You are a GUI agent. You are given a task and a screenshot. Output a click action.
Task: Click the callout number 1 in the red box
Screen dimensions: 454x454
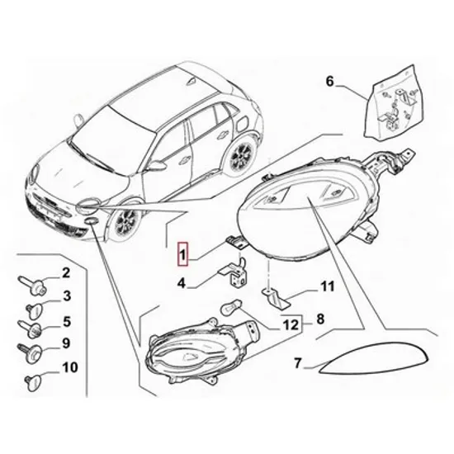pyautogui.click(x=183, y=254)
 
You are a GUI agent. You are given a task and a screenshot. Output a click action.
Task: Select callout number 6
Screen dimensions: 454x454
pyautogui.click(x=330, y=82)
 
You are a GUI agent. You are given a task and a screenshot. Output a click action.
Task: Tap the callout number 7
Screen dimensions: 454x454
pyautogui.click(x=298, y=362)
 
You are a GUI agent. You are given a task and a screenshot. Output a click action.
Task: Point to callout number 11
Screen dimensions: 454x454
pyautogui.click(x=327, y=286)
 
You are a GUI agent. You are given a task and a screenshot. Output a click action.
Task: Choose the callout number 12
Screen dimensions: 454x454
pyautogui.click(x=291, y=325)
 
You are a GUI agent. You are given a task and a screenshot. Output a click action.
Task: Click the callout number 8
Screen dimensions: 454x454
pyautogui.click(x=320, y=319)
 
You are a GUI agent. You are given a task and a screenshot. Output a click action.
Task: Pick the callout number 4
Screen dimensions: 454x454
pyautogui.click(x=182, y=283)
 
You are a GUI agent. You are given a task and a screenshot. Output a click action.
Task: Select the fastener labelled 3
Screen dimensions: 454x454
pyautogui.click(x=34, y=310)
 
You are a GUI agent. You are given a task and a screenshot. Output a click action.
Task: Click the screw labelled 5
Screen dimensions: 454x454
pyautogui.click(x=31, y=329)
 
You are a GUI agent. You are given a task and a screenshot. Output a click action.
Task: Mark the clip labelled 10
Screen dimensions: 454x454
pyautogui.click(x=32, y=383)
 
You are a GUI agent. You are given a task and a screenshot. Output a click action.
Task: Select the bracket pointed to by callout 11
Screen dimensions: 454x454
pyautogui.click(x=276, y=299)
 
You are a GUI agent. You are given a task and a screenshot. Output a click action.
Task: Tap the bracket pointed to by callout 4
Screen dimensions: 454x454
pyautogui.click(x=234, y=272)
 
